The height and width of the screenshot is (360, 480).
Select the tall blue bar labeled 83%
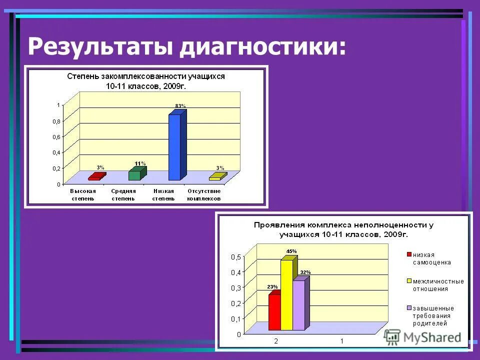tap(174, 147)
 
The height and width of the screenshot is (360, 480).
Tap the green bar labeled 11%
tap(134, 175)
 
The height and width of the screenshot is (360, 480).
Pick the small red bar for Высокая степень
tap(95, 177)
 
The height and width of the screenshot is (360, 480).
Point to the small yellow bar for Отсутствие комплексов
tap(216, 177)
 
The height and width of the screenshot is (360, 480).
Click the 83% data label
tap(180, 106)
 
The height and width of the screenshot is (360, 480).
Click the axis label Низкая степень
tap(163, 194)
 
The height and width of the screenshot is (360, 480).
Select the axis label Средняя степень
tap(122, 194)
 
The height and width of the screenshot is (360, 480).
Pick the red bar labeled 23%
tap(274, 312)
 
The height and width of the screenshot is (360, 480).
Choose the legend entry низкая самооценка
tap(431, 258)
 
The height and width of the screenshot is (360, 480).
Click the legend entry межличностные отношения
tap(437, 284)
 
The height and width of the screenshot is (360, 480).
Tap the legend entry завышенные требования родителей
tap(432, 315)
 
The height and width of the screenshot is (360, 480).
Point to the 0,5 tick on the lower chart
tap(235, 257)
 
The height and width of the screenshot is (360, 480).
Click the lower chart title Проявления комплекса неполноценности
tap(343, 229)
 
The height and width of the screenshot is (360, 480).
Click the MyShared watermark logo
tap(423, 337)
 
